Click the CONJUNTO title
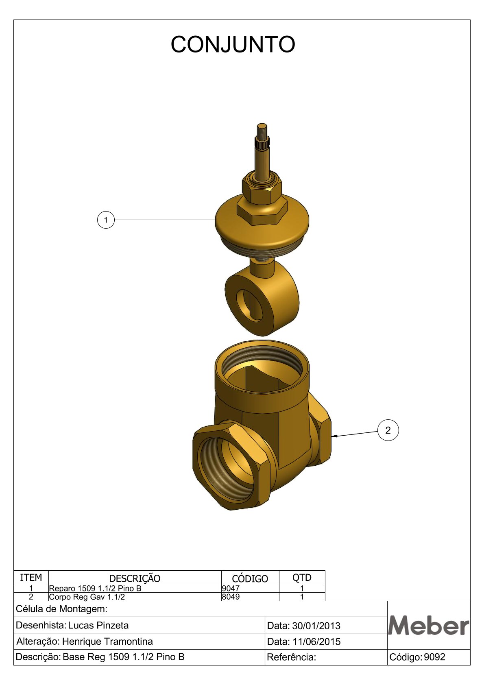[x=233, y=44]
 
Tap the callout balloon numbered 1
[x=106, y=220]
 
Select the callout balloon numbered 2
[x=388, y=430]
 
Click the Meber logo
[x=429, y=626]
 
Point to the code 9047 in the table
[x=231, y=588]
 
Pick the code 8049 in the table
[x=231, y=597]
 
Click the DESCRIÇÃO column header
[x=135, y=578]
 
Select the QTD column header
[x=302, y=578]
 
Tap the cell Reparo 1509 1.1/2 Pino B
[x=95, y=588]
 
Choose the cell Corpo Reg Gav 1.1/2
[x=87, y=597]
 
